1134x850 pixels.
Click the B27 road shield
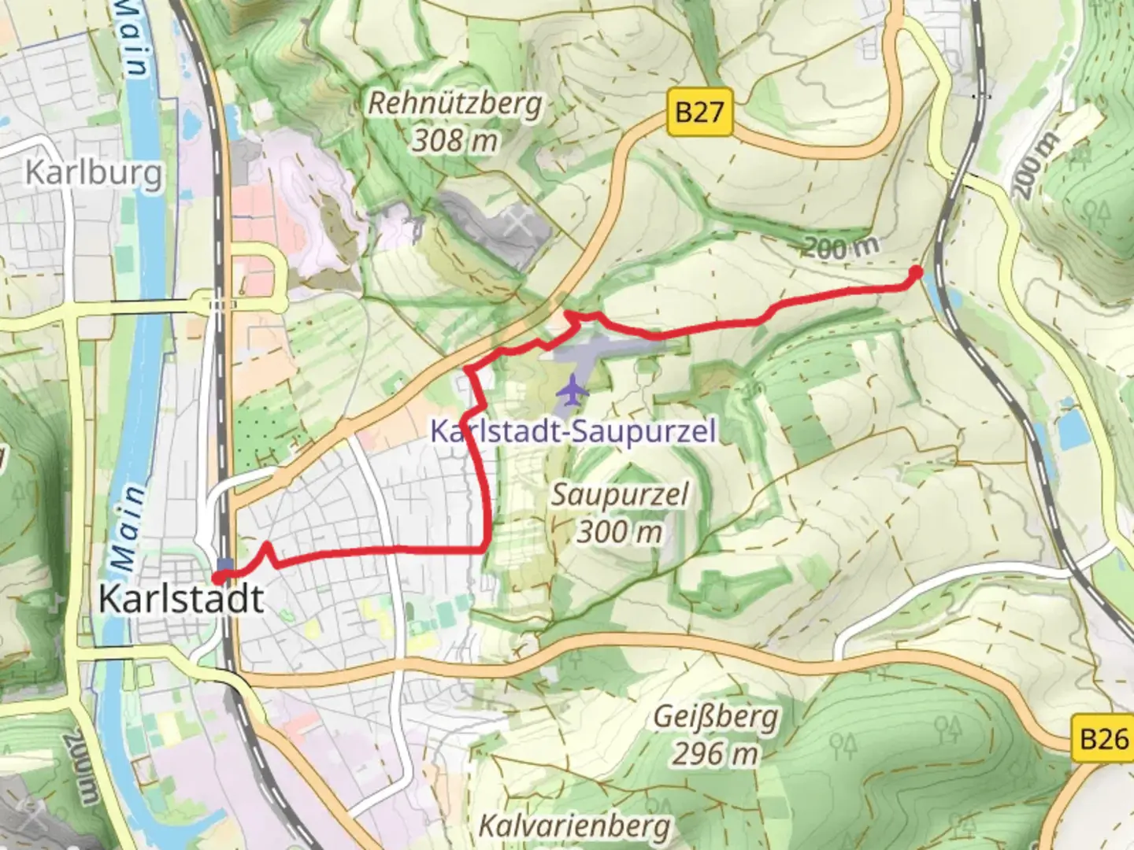point(699,112)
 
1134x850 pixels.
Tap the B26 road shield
point(1103,739)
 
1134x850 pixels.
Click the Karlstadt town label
point(181,600)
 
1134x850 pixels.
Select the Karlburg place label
point(94,172)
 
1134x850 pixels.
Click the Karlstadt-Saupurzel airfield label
point(573,431)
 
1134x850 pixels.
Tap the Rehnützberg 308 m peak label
point(455,122)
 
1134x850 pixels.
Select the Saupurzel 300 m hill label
point(619,513)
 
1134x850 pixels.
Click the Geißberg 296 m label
point(715,735)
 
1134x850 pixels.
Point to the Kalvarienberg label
point(575,826)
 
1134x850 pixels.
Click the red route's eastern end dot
point(916,273)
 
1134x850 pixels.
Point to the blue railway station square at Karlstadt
point(226,564)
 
